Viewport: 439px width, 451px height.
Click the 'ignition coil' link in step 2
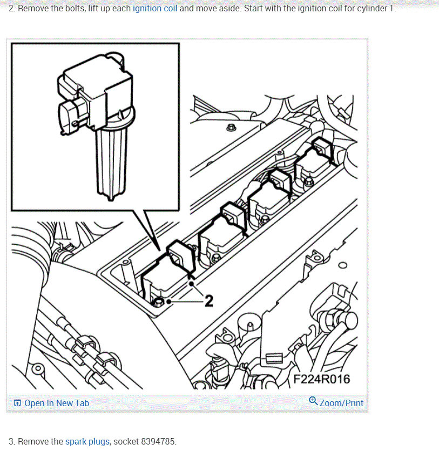pos(155,9)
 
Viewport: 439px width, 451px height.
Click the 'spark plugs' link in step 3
pos(87,441)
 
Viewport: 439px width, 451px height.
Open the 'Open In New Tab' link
pos(57,403)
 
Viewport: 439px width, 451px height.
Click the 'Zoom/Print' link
pos(341,403)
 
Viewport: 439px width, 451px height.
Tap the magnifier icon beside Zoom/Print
pos(313,401)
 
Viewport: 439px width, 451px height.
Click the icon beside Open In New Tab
pos(17,403)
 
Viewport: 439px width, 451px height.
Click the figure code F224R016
pos(321,379)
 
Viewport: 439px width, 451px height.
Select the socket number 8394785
pos(158,441)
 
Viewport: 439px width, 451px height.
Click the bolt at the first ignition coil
pos(159,301)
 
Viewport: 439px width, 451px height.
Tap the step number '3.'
pos(12,441)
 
